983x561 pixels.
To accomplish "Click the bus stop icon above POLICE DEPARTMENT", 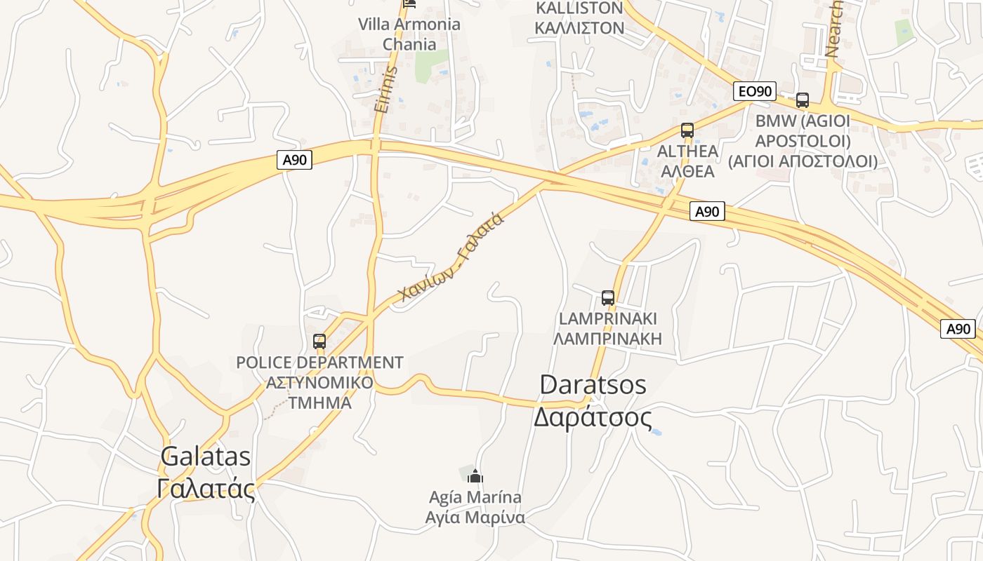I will pos(319,342).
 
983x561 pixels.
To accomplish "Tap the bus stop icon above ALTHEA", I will pos(687,130).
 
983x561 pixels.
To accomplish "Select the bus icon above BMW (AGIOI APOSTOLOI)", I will pos(803,100).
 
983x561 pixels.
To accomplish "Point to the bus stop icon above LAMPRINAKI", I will pos(608,297).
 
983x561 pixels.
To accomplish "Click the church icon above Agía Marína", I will pos(475,476).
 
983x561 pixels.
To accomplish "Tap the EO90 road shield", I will pos(755,90).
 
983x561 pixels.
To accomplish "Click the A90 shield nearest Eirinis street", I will pos(295,160).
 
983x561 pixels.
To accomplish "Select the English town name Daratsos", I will pos(593,385).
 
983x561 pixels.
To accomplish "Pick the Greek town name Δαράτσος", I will pos(593,417).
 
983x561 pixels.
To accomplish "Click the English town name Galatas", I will pos(205,457).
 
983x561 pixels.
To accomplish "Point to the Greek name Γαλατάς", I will pos(205,488).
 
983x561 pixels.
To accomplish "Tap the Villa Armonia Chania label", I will pos(409,34).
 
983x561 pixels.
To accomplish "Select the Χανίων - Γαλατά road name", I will pos(451,257).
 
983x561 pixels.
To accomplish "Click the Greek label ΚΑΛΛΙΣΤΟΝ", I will pos(579,28).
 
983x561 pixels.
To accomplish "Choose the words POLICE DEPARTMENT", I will pos(319,363).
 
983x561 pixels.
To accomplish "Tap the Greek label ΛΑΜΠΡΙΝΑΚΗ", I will pos(607,339).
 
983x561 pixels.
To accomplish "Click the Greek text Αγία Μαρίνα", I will pos(475,518).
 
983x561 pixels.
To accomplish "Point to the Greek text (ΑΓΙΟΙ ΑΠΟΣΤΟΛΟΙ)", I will pos(803,161).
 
